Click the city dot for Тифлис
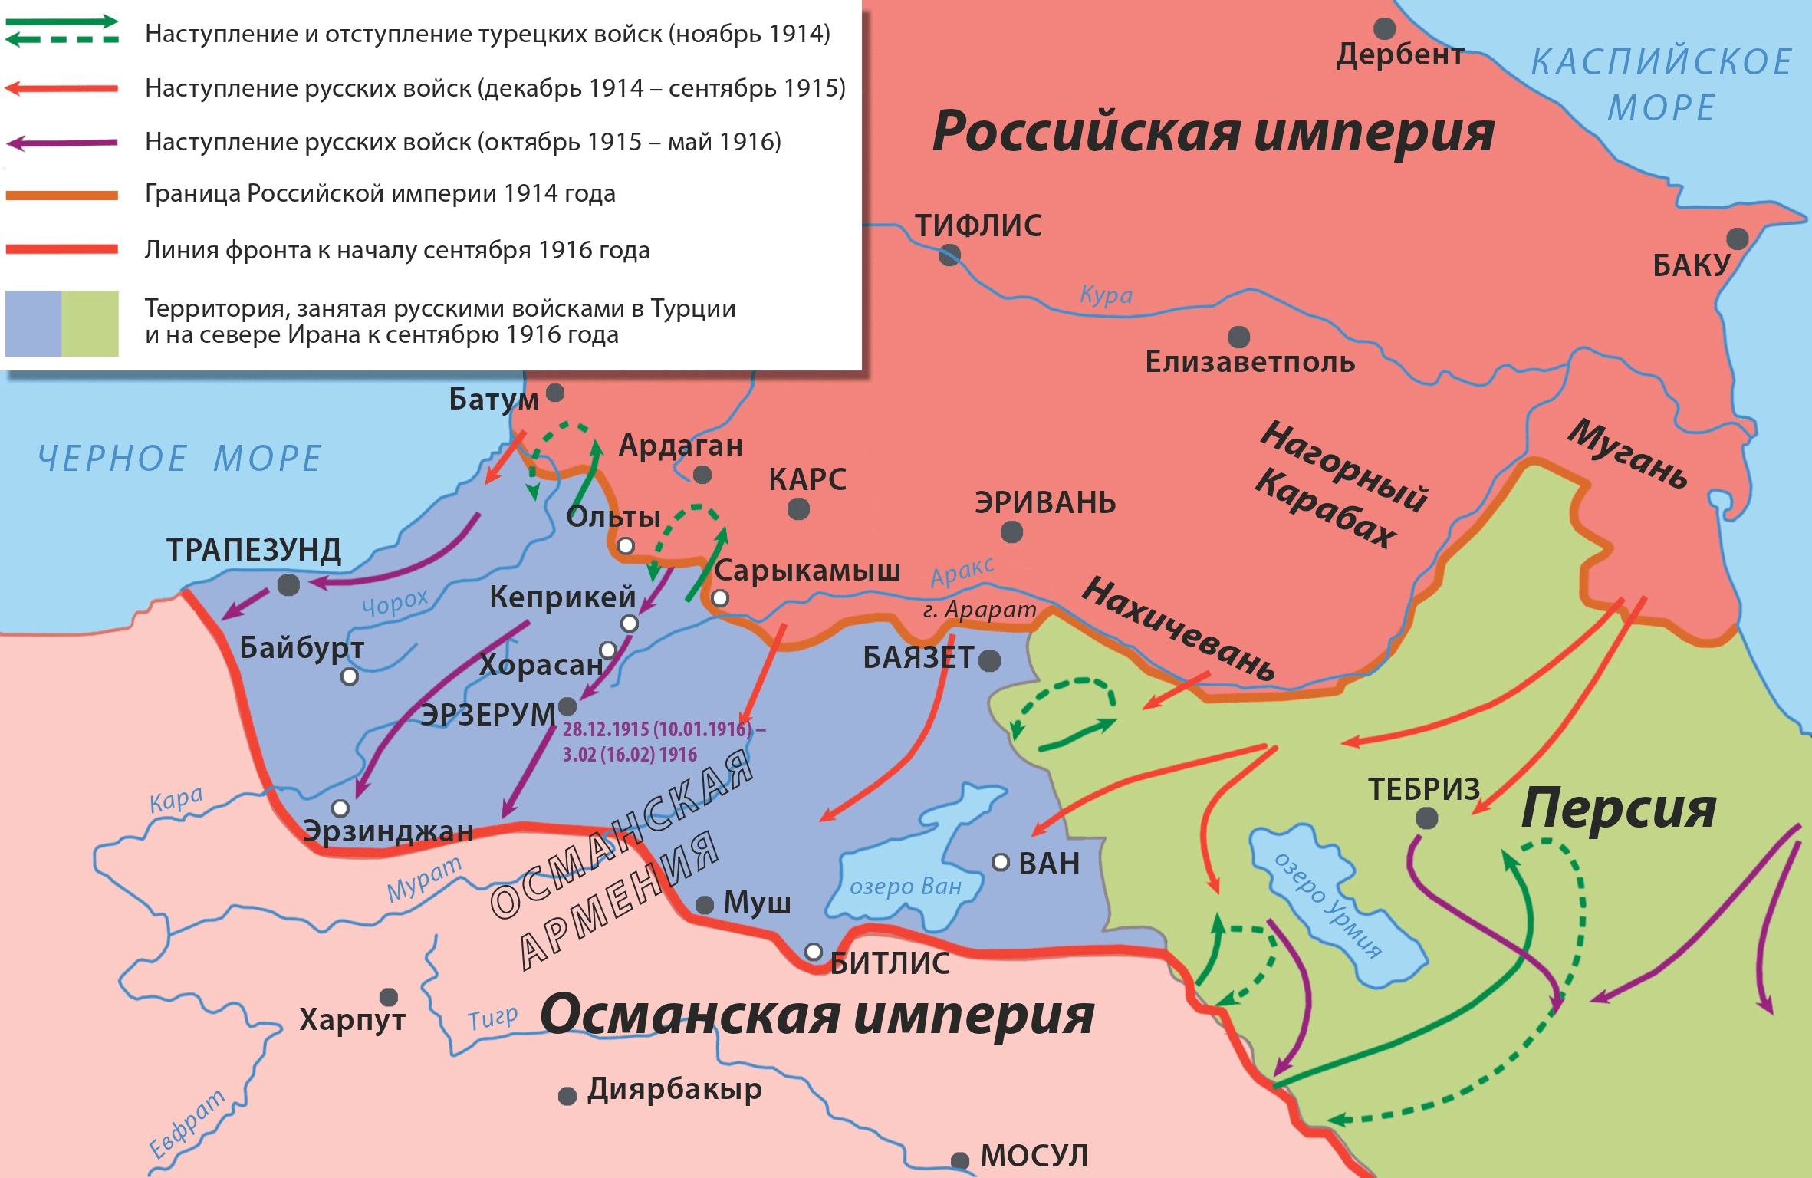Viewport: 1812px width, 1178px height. [x=949, y=255]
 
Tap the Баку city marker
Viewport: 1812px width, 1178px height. [x=1737, y=239]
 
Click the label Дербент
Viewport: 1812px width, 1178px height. [x=1400, y=54]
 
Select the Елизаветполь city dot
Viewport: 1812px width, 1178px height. [x=1238, y=337]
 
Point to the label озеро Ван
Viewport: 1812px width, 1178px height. [x=905, y=887]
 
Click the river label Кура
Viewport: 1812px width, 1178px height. [x=1105, y=294]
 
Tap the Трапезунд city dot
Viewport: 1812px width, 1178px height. [x=288, y=584]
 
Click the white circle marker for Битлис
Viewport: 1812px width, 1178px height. [x=814, y=952]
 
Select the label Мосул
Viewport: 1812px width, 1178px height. [x=1034, y=1156]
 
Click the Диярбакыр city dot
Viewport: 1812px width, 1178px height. [x=567, y=1096]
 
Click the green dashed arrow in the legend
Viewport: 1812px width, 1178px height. [x=61, y=39]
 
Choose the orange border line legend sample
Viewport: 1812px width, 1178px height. [x=61, y=196]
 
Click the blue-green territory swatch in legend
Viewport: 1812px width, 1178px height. [x=61, y=323]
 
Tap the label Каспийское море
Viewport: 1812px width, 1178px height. [x=1661, y=84]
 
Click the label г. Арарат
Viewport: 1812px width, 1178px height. [x=979, y=610]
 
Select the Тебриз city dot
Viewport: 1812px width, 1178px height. [x=1426, y=818]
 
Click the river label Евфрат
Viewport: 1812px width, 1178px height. [x=186, y=1124]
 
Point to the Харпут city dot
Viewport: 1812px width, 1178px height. [x=389, y=996]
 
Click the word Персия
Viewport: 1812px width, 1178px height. [x=1618, y=808]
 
